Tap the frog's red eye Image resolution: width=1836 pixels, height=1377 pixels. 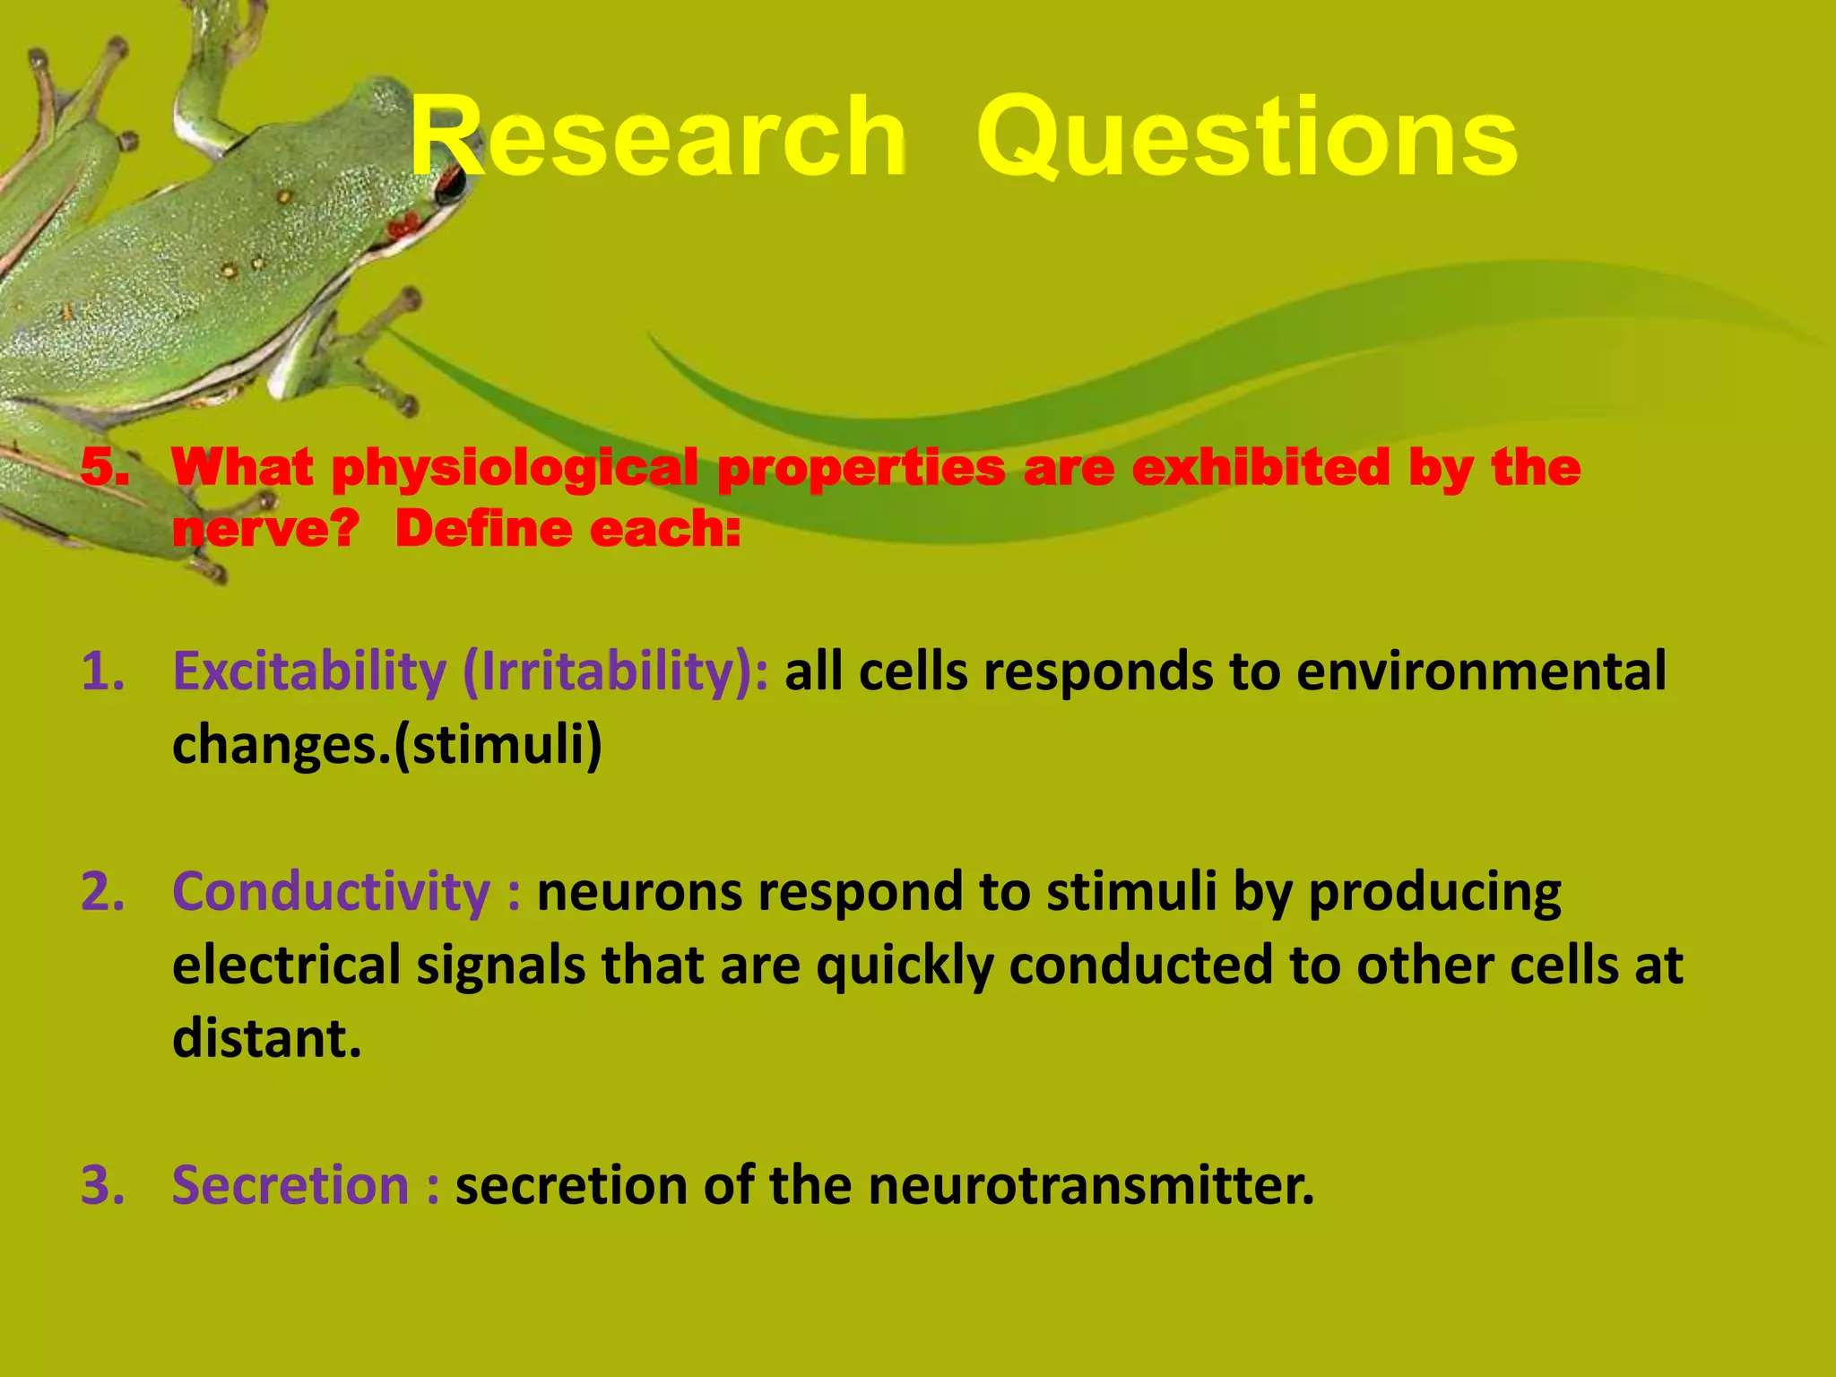[450, 185]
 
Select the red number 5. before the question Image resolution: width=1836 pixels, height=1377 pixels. [105, 468]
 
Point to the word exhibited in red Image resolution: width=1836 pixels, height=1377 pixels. [1260, 468]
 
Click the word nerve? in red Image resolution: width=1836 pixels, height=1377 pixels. [265, 529]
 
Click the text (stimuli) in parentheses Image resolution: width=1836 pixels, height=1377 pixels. [498, 744]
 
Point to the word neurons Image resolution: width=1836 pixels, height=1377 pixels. [640, 893]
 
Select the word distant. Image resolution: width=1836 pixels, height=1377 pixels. [266, 1038]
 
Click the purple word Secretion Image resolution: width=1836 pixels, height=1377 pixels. [290, 1185]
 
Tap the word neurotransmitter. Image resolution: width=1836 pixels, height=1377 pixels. [1090, 1185]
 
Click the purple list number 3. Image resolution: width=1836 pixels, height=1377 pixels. [103, 1185]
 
